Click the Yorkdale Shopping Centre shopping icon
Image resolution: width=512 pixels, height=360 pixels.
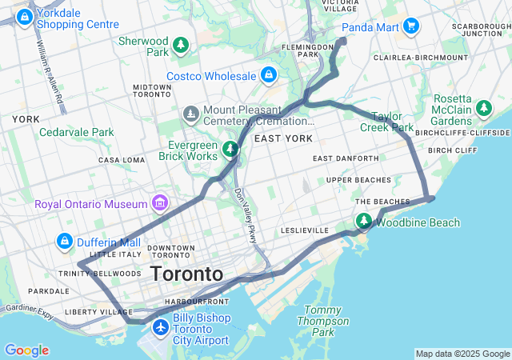pos(25,16)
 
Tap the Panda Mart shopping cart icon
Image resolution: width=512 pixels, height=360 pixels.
pos(412,26)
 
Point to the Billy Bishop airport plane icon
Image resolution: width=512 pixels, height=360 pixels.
pos(162,327)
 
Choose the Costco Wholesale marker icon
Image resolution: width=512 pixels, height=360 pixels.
pos(268,76)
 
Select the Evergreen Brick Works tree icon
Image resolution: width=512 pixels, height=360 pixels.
pos(230,148)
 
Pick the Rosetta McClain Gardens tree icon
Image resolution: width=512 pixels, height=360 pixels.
pos(483,107)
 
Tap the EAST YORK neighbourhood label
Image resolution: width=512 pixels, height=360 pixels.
pos(282,138)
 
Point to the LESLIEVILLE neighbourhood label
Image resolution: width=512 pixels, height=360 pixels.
pos(305,230)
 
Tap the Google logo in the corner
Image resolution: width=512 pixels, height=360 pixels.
pos(26,350)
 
